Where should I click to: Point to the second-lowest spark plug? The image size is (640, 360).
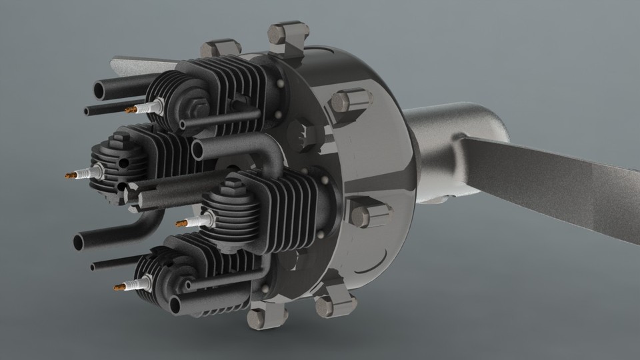pyautogui.click(x=190, y=221)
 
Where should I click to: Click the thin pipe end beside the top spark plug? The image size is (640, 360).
pyautogui.click(x=88, y=111)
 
